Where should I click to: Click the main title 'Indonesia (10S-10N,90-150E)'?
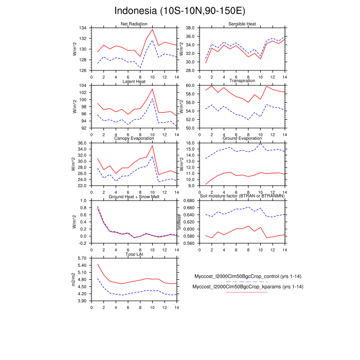tap(180, 11)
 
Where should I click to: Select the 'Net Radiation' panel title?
tap(134, 24)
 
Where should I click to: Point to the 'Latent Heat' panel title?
tap(134, 81)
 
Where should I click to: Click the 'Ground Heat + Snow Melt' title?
tap(134, 196)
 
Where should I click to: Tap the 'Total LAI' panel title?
tap(134, 254)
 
